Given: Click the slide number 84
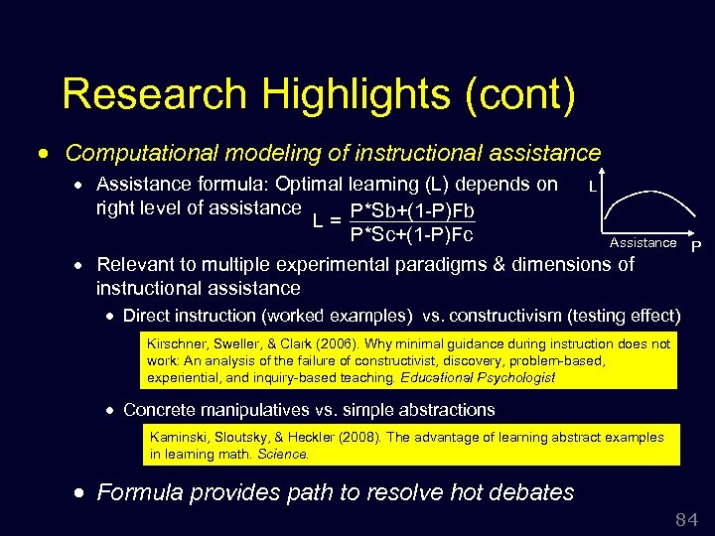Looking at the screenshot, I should click(685, 519).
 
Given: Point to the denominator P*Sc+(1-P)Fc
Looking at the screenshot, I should click(411, 235).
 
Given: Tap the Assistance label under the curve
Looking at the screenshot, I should click(643, 243).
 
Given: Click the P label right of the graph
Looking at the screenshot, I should click(696, 246).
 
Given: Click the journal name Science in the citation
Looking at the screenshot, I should click(283, 454).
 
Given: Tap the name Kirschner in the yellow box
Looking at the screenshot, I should click(174, 343).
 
